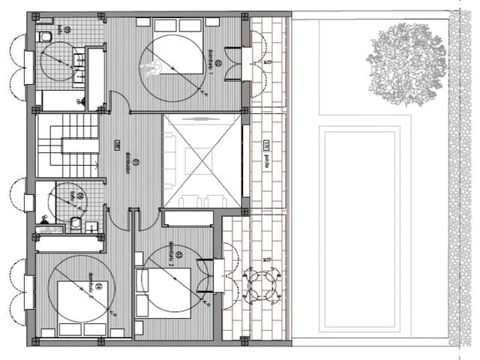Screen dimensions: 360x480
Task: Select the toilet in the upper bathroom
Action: pyautogui.click(x=45, y=35)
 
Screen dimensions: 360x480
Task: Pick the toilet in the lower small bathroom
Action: pyautogui.click(x=76, y=223)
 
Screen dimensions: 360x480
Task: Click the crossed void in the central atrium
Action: pyautogui.click(x=202, y=161)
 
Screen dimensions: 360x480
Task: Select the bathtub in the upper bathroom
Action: pyautogui.click(x=60, y=99)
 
